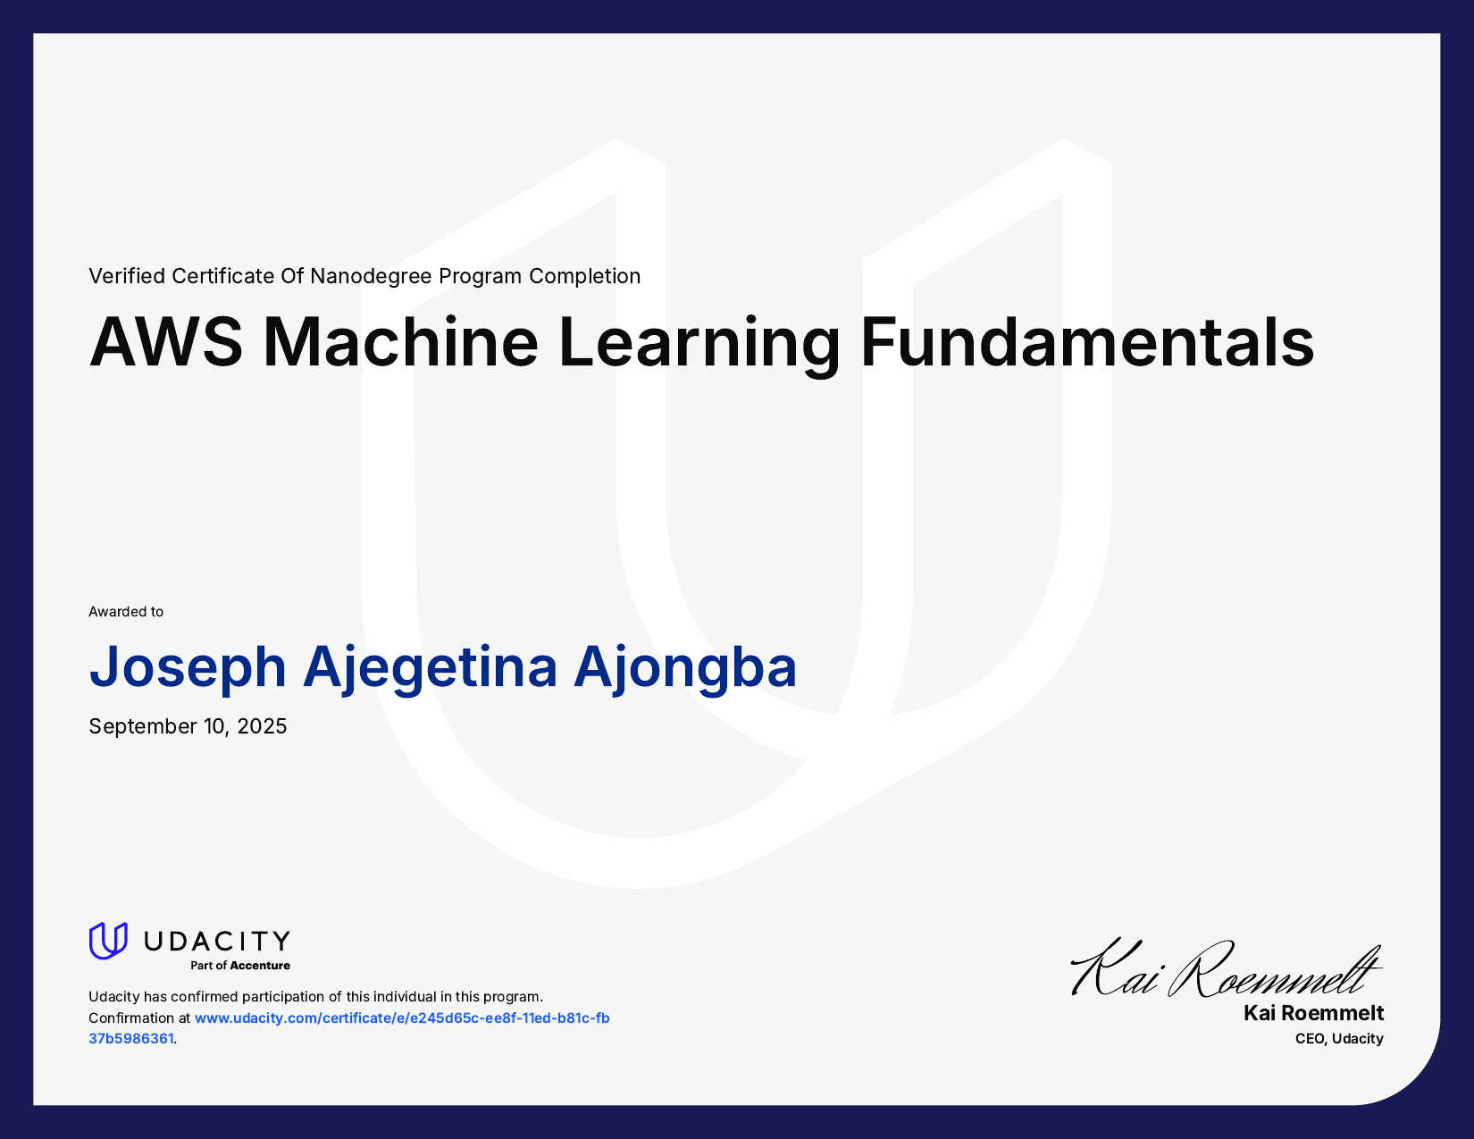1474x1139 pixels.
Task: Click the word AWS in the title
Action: click(166, 342)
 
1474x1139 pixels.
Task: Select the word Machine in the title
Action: click(401, 342)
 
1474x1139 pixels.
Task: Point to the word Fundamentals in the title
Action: click(1086, 342)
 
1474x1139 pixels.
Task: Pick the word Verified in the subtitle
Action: click(127, 276)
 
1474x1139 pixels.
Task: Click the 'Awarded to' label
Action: click(126, 612)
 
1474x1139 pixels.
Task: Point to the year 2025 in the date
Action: click(262, 726)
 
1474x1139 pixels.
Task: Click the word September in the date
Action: click(143, 726)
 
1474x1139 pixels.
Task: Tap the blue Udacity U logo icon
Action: click(108, 942)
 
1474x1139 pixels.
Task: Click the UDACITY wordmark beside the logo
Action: click(217, 941)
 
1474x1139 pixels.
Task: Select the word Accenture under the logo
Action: click(260, 966)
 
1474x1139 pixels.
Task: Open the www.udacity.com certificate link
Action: click(402, 1018)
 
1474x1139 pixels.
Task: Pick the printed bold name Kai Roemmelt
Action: click(1313, 1013)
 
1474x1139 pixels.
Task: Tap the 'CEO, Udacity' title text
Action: click(1339, 1039)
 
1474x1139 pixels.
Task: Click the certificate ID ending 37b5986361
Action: click(131, 1039)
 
